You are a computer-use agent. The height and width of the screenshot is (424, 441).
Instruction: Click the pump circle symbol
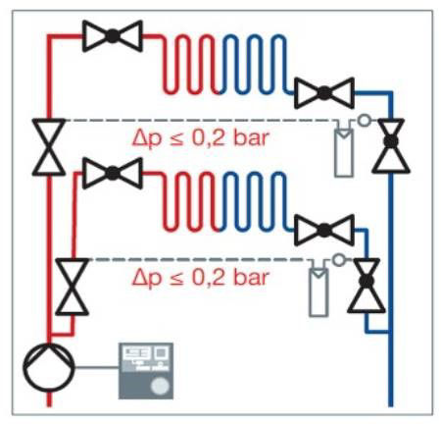tap(49, 367)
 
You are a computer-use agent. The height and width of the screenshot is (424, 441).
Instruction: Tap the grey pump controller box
tap(146, 371)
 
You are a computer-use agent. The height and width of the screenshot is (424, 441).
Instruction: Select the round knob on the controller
tap(160, 386)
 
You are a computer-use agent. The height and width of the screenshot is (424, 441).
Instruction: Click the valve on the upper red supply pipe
tap(113, 36)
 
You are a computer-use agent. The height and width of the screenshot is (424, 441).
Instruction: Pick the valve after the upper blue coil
tap(324, 93)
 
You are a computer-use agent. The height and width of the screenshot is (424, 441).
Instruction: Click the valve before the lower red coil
tap(113, 173)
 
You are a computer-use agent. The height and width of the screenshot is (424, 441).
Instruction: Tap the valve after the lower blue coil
tap(324, 231)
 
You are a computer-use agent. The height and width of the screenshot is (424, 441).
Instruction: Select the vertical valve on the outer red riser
tap(49, 147)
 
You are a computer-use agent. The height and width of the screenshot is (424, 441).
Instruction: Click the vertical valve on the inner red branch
tap(73, 287)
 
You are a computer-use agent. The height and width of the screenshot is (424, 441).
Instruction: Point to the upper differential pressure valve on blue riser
tap(391, 145)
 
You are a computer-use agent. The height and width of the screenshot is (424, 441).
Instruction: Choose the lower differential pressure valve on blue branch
tap(367, 285)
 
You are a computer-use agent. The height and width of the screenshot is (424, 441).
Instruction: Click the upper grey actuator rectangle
tap(344, 153)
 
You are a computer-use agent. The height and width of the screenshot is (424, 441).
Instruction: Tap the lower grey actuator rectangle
tap(318, 292)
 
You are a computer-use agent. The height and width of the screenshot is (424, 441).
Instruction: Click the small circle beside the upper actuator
tap(364, 120)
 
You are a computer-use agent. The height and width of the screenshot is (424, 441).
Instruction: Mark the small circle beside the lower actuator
tap(339, 260)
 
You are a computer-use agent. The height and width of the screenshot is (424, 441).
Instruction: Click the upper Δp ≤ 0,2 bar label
tap(200, 138)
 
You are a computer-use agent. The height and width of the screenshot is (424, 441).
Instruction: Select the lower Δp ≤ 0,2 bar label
tap(200, 279)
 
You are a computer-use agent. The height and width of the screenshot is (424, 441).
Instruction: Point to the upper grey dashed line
tap(200, 121)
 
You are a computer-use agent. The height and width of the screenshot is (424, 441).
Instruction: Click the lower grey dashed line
tap(199, 260)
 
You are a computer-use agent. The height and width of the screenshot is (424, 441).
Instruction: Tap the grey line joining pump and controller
tap(96, 367)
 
